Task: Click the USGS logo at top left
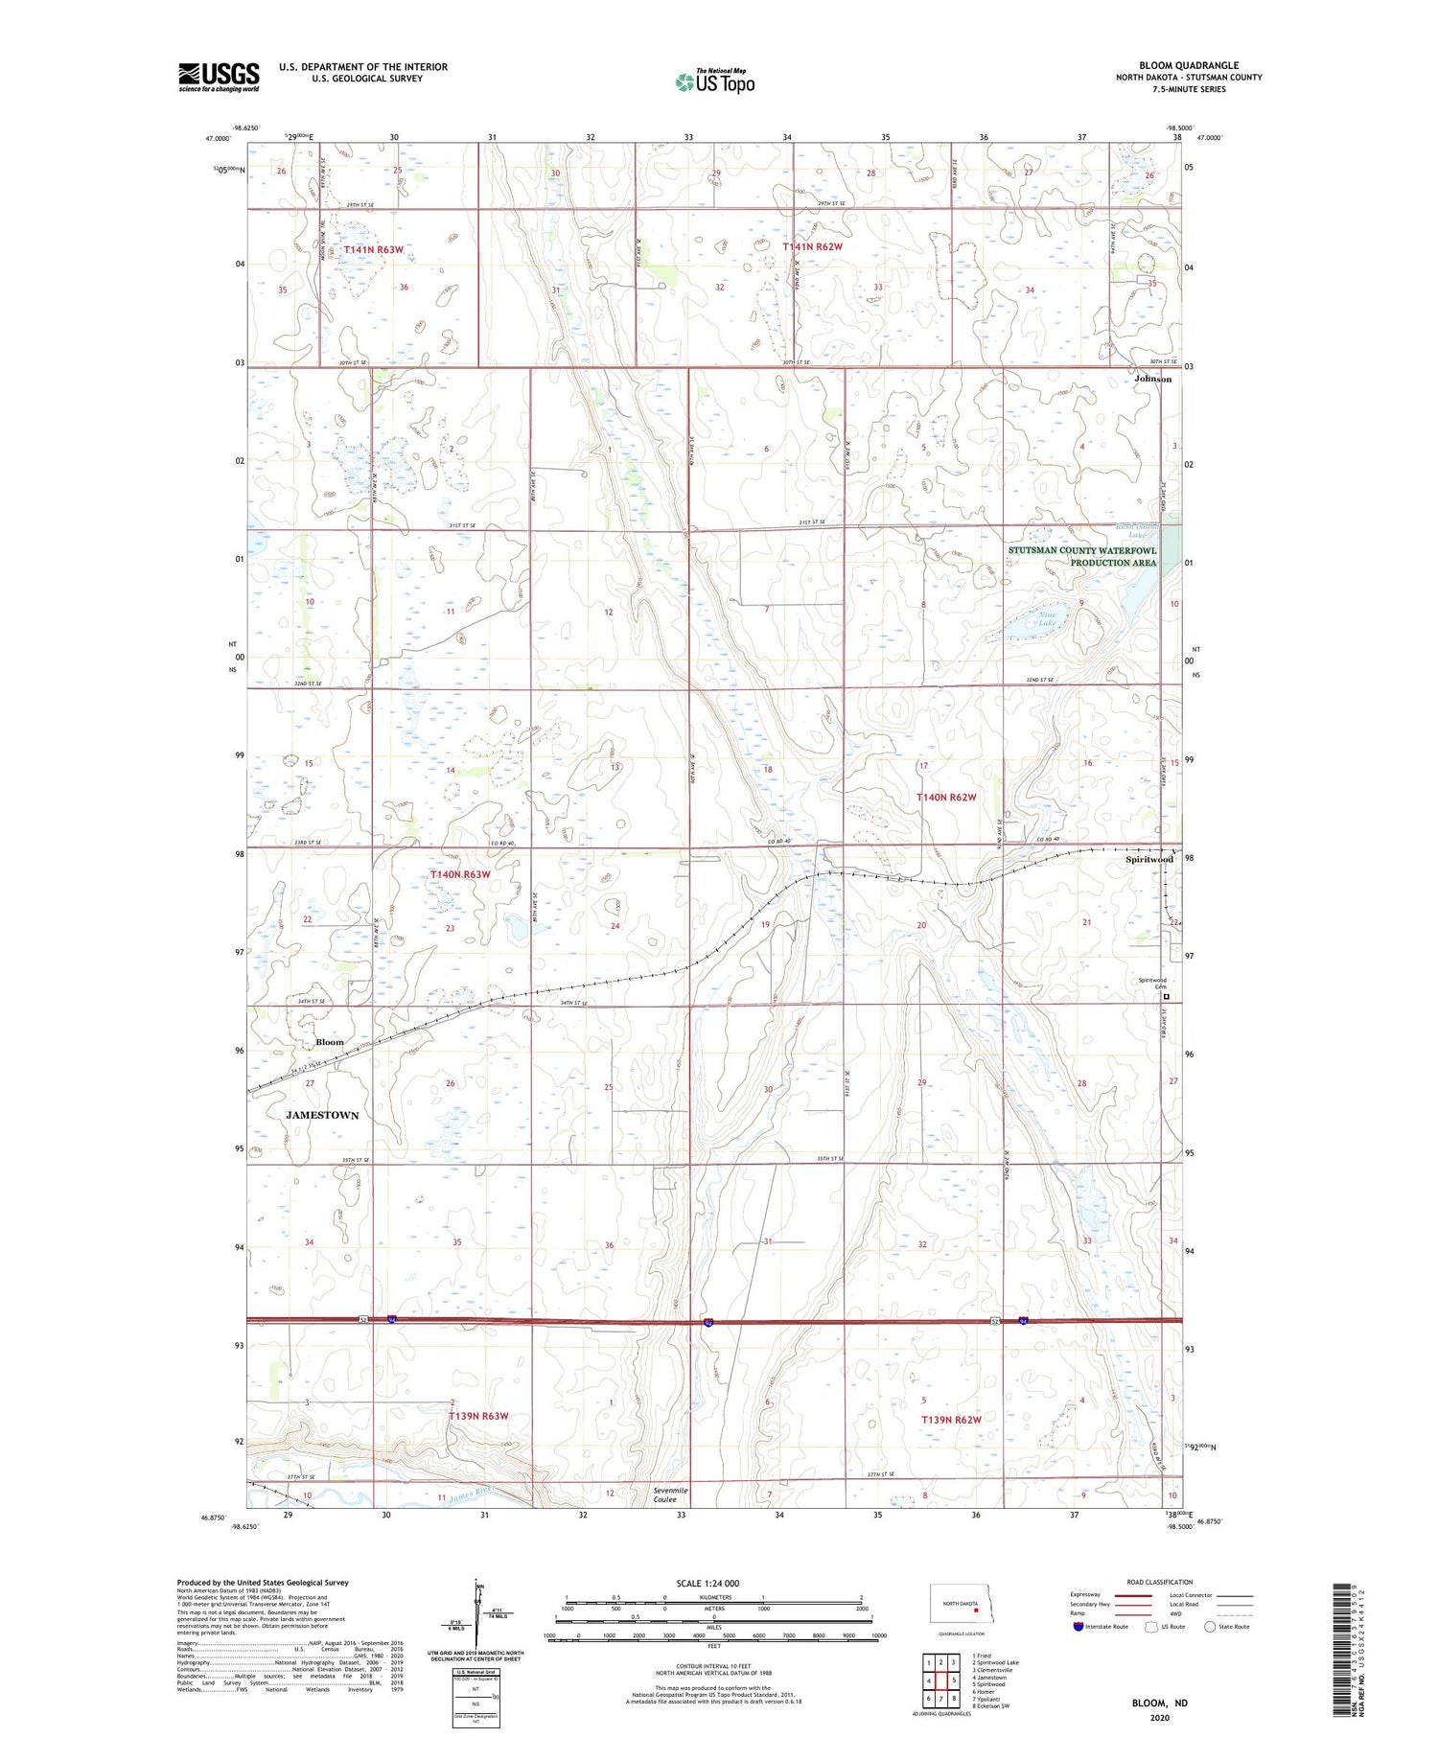tap(219, 77)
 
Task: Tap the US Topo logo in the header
tap(714, 81)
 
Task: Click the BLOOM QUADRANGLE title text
tap(1189, 65)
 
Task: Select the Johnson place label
tap(1152, 379)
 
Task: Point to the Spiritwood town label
tap(1149, 859)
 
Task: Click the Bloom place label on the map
tap(330, 1042)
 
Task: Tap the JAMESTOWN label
tap(322, 1115)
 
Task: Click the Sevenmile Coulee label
tap(671, 1495)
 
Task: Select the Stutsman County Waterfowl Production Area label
tap(1082, 557)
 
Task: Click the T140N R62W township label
tap(945, 798)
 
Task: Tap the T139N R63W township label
tap(478, 1416)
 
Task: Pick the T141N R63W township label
tap(374, 249)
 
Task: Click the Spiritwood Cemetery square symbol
tap(1167, 997)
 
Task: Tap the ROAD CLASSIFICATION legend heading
tap(1160, 1582)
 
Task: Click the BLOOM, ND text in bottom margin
tap(1161, 1703)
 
